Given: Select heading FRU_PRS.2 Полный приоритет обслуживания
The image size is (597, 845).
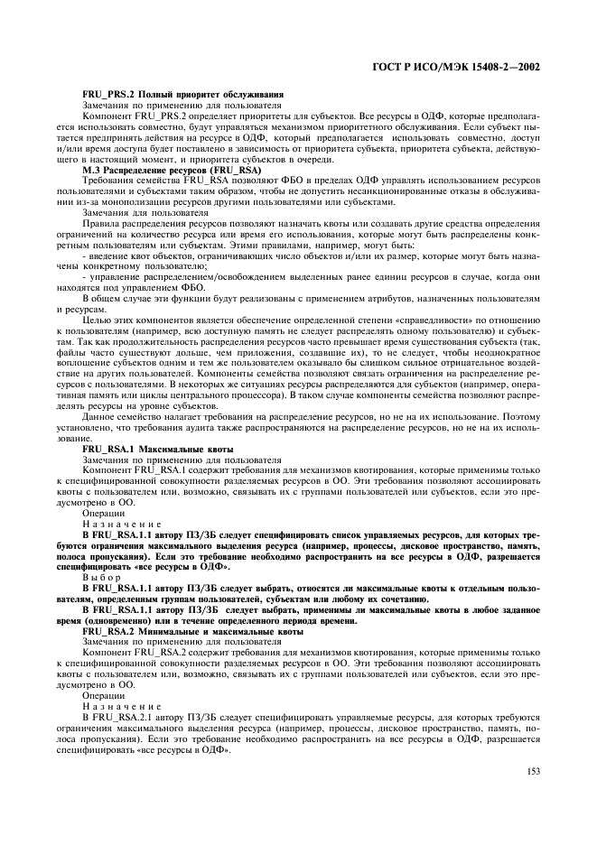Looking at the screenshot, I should point(182,94).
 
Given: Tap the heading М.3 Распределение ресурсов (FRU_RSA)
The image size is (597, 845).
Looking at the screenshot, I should point(172,170).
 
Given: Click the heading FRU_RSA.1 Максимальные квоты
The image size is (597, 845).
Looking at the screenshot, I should point(157,449).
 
